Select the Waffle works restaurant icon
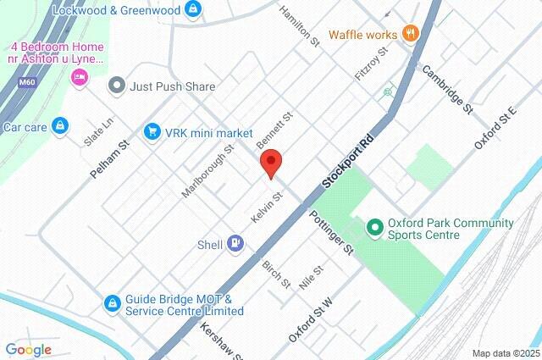pyautogui.click(x=411, y=34)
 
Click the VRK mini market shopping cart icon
pyautogui.click(x=152, y=133)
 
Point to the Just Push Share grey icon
pyautogui.click(x=117, y=86)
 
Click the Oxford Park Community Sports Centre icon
pyautogui.click(x=373, y=229)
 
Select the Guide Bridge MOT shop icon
pyautogui.click(x=112, y=303)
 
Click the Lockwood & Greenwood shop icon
pyautogui.click(x=194, y=9)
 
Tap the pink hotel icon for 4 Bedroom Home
pyautogui.click(x=79, y=78)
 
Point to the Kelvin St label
pyautogui.click(x=266, y=208)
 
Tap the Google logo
pyautogui.click(x=28, y=349)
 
